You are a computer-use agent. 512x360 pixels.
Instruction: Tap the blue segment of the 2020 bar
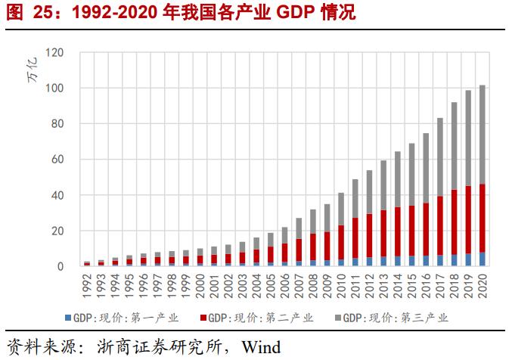[x=483, y=259]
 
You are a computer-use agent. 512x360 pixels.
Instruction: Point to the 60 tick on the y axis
[x=57, y=160]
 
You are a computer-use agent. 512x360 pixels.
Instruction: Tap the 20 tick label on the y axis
[x=57, y=231]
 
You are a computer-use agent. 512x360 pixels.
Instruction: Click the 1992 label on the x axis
[x=87, y=284]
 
